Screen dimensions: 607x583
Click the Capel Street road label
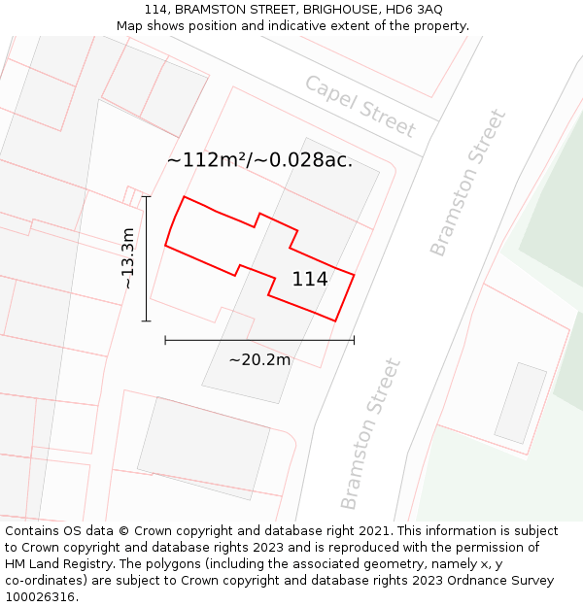(360, 106)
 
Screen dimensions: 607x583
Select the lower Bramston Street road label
(370, 433)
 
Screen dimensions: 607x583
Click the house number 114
(310, 279)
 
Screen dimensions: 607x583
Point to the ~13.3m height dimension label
(128, 258)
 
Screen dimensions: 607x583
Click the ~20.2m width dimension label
(259, 359)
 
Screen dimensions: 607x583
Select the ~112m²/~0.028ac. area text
(259, 160)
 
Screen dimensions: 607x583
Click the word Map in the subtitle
(130, 26)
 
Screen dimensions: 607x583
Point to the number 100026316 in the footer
(40, 597)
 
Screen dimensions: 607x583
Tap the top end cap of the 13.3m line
(146, 197)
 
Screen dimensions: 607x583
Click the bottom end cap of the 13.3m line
(146, 320)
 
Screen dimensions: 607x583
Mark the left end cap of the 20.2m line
(165, 340)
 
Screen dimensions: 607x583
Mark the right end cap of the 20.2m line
(354, 340)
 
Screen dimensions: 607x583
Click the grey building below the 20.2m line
(203, 448)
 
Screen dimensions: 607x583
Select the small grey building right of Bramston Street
(521, 403)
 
